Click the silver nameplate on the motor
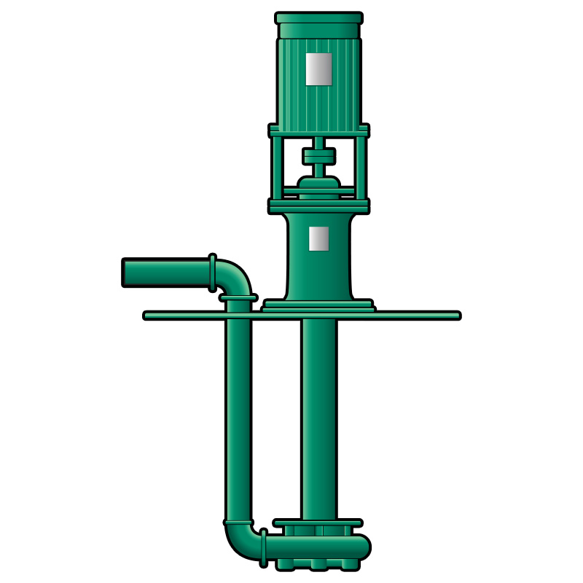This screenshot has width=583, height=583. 318,68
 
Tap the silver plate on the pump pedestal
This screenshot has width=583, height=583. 318,238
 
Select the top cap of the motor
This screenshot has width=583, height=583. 318,17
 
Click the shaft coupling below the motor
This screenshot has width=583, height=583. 318,156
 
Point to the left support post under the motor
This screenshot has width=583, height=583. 277,168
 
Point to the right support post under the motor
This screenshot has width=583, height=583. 361,168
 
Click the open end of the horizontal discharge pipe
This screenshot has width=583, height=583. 125,273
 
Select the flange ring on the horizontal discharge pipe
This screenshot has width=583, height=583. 212,272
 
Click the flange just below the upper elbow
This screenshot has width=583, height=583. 238,297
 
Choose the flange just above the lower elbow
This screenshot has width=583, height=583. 238,523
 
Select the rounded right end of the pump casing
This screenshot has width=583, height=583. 362,546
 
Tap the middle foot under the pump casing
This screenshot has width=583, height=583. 318,565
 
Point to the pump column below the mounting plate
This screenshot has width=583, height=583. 318,415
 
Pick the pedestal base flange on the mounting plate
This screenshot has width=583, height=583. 318,305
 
